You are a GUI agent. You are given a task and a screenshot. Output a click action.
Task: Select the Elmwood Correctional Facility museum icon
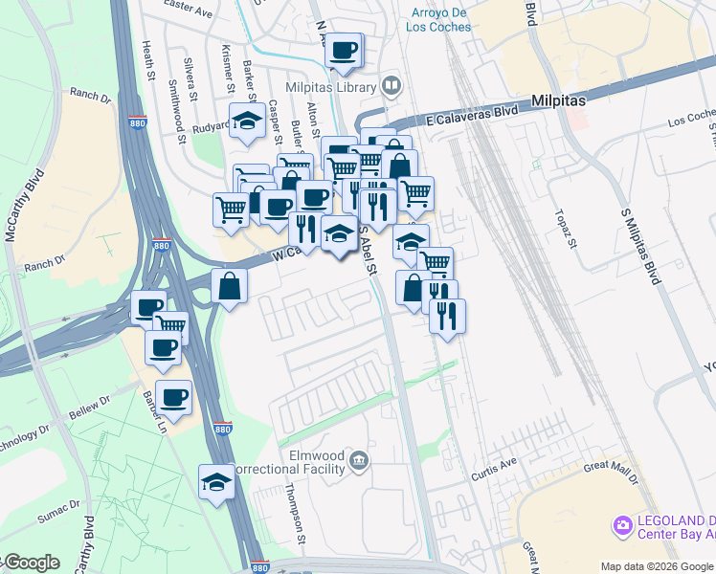359,462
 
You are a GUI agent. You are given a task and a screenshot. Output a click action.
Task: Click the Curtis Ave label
494,468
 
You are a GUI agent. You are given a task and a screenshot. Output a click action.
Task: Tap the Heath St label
148,60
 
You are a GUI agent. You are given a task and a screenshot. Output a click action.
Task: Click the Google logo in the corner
31,563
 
